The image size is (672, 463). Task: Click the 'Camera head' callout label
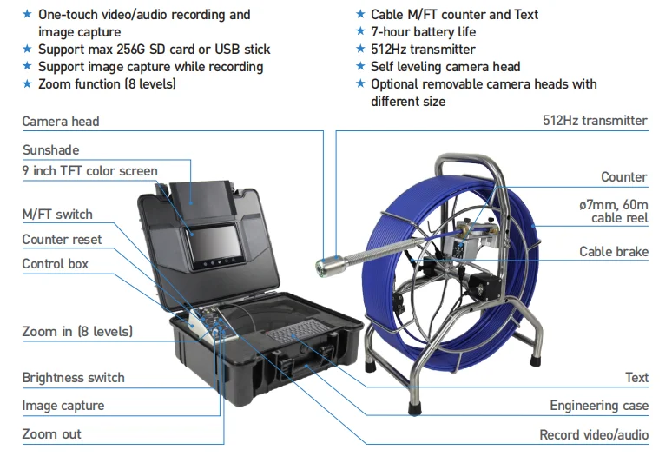61,122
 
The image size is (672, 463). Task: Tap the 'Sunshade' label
50,150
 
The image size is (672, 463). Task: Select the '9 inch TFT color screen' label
89,170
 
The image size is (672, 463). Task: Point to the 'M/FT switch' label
57,214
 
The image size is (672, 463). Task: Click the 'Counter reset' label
62,239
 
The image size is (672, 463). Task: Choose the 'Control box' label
56,263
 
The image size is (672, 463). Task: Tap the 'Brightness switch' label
73,378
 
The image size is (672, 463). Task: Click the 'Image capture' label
63,406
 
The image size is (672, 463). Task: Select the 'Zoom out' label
52,433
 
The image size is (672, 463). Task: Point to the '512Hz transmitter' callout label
595,121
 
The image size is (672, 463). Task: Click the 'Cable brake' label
614,252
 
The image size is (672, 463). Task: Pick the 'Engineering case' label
599,406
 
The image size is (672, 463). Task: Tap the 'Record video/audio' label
594,434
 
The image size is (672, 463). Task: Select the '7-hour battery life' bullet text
423,32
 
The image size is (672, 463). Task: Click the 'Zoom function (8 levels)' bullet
107,84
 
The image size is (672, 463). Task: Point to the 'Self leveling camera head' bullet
445,67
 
